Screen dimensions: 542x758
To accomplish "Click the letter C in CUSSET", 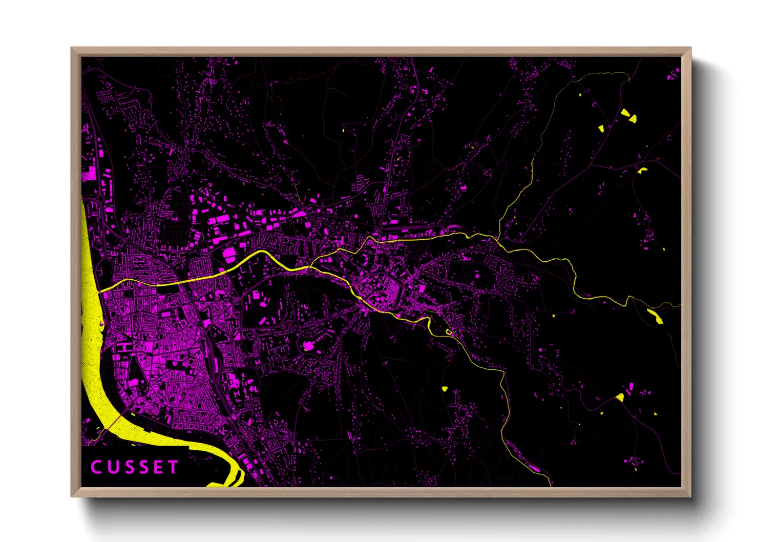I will pos(96,467).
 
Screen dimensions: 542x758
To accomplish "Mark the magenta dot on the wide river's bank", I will pos(101,324).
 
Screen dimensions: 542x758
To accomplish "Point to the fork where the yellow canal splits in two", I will pos(310,266).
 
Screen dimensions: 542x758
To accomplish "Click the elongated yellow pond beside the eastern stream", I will pos(655,316).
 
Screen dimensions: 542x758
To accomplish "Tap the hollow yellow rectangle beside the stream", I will pos(449,332).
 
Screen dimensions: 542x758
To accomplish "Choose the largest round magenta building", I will pos(308,346).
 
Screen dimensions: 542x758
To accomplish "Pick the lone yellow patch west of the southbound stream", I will pos(445,388).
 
